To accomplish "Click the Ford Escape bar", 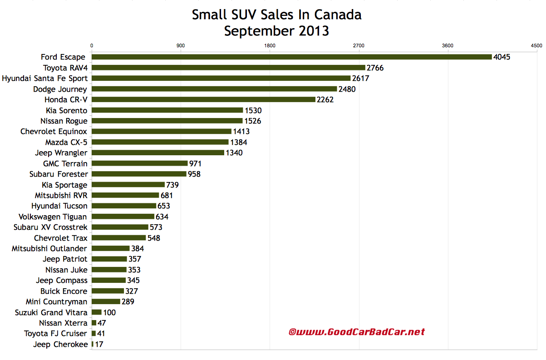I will pos(291,57).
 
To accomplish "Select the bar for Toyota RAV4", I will pos(228,68).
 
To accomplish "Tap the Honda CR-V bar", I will pos(203,99).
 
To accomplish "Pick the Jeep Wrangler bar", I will pos(158,153).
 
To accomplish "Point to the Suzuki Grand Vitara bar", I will pos(97,312).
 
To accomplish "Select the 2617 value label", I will pos(361,79).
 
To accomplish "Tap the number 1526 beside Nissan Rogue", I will pos(253,121).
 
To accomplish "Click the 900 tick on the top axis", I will pos(181,45).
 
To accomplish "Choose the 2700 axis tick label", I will pos(359,45).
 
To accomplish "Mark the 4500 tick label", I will pos(536,45).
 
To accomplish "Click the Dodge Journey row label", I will pos(60,89).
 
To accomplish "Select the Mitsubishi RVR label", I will pos(61,195).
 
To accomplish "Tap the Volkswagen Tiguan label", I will pos(53,217).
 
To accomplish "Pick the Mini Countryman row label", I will pos(56,301).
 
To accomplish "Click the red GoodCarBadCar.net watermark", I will pos(357,332).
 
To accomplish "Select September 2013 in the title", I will pos(276,31).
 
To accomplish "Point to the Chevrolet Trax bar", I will pos(118,238).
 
